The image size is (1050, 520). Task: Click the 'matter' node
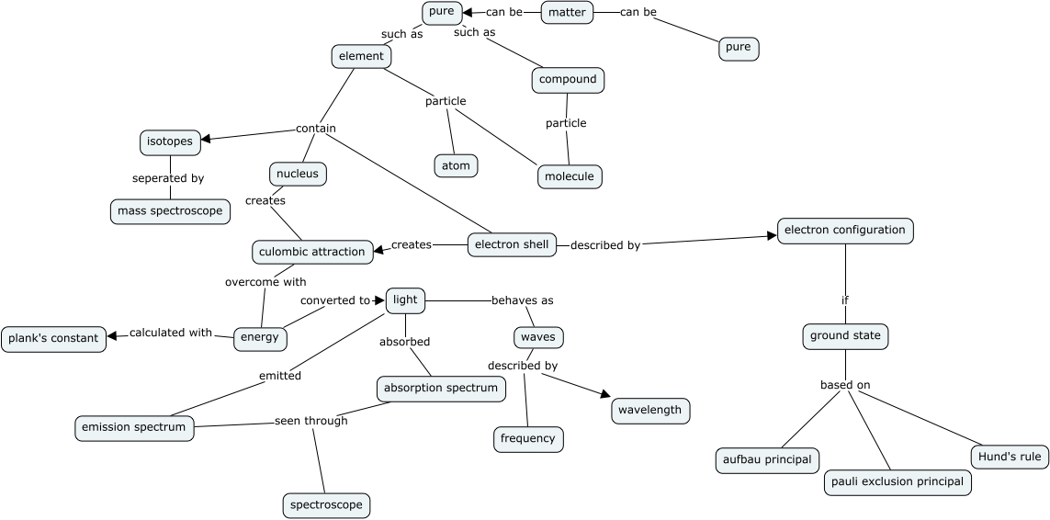[x=567, y=13]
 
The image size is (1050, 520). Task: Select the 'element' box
[x=361, y=56]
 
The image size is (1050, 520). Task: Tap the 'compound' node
[x=568, y=80]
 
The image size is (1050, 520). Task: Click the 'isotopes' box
[x=170, y=141]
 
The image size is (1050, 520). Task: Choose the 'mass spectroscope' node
[x=170, y=211]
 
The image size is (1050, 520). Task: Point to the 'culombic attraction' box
[x=312, y=251]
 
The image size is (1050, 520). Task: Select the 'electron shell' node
[x=512, y=244]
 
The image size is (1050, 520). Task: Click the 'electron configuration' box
[x=845, y=230]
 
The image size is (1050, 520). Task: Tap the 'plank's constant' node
[x=53, y=338]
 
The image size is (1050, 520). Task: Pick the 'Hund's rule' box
[x=1010, y=457]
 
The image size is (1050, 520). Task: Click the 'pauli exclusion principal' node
[x=898, y=481]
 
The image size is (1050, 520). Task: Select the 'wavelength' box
[x=650, y=410]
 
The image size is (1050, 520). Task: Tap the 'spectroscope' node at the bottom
[x=326, y=504]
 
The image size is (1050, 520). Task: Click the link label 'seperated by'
[x=167, y=178]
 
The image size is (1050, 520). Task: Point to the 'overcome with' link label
[x=265, y=282]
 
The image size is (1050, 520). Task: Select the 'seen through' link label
[x=310, y=421]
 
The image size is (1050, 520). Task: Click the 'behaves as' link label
[x=522, y=300]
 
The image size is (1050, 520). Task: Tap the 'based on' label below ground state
[x=845, y=385]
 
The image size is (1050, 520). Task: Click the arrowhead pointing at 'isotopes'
[x=207, y=139]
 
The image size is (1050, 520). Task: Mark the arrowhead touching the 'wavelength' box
[x=604, y=394]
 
